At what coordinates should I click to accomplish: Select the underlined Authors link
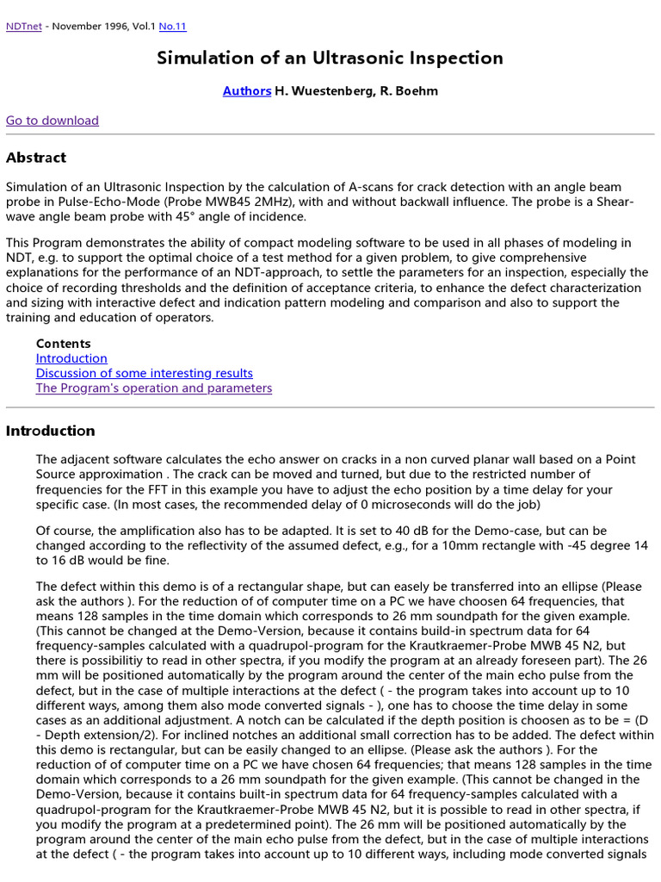pyautogui.click(x=246, y=90)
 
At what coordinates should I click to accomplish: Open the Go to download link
pyautogui.click(x=53, y=121)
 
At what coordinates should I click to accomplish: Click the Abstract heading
pyautogui.click(x=36, y=158)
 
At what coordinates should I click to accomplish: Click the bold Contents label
pyautogui.click(x=63, y=344)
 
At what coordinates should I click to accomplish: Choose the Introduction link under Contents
pyautogui.click(x=71, y=358)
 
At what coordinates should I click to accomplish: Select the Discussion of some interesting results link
pyautogui.click(x=144, y=373)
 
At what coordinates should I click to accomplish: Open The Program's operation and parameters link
pyautogui.click(x=153, y=388)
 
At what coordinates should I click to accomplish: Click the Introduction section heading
pyautogui.click(x=51, y=431)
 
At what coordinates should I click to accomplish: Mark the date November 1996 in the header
pyautogui.click(x=90, y=27)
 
